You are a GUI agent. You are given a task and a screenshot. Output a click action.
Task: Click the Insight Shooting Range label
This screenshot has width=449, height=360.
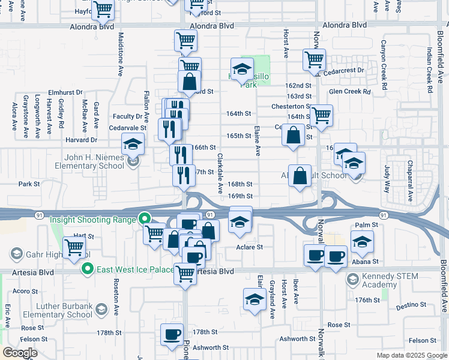pyautogui.click(x=92, y=220)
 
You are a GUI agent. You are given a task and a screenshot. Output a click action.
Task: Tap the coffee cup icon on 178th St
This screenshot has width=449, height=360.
pyautogui.click(x=172, y=334)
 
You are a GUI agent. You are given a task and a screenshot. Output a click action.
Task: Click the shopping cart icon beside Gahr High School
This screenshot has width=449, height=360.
pyautogui.click(x=74, y=246)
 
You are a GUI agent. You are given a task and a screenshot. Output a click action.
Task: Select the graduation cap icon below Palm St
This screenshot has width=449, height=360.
pyautogui.click(x=362, y=242)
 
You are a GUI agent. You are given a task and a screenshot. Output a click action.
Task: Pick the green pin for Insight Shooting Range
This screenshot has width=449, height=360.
pyautogui.click(x=144, y=220)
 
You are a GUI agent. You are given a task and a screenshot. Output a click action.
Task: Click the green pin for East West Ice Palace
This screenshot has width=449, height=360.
pyautogui.click(x=88, y=269)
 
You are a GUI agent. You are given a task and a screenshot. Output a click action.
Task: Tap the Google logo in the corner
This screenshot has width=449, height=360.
pyautogui.click(x=20, y=353)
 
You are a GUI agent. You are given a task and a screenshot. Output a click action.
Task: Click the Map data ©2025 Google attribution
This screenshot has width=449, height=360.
pyautogui.click(x=411, y=355)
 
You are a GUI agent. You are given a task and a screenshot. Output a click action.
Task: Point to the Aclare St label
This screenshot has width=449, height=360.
pyautogui.click(x=250, y=247)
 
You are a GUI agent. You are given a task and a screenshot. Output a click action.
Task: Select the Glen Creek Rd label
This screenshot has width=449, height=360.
pyautogui.click(x=350, y=92)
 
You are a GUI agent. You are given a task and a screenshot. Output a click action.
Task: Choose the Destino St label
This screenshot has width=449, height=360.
pyautogui.click(x=411, y=305)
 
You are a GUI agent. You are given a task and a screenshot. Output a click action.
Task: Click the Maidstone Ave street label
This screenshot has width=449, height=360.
pyautogui.click(x=121, y=54)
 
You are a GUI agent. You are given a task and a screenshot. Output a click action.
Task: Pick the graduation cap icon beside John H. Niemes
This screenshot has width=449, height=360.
pyautogui.click(x=133, y=144)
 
